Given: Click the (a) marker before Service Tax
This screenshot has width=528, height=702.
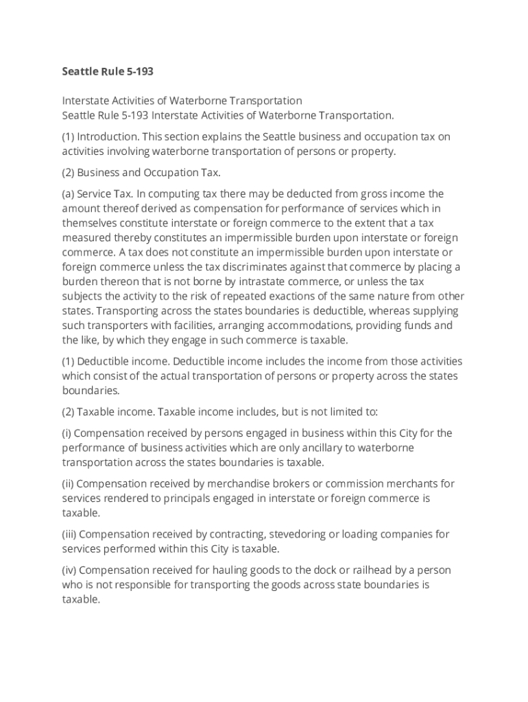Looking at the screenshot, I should (x=68, y=194).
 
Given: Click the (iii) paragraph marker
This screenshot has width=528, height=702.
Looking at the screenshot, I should (x=69, y=535).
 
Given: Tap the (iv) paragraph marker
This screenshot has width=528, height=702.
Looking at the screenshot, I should (x=69, y=570).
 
